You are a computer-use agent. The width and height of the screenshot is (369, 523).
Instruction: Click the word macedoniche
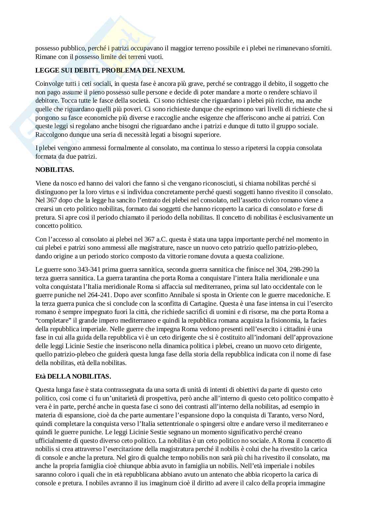[x=305, y=295]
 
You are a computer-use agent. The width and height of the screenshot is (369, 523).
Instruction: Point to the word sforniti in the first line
[x=320, y=48]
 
